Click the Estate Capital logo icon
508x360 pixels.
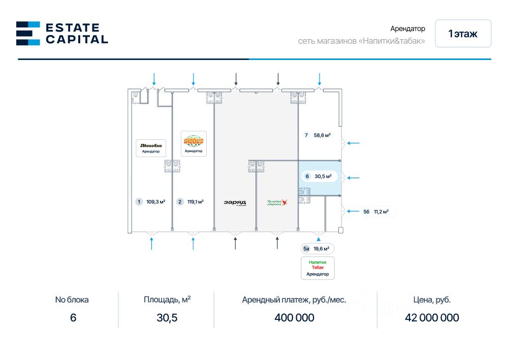click(28, 33)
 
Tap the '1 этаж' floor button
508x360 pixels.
click(463, 34)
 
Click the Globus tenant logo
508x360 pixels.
click(194, 140)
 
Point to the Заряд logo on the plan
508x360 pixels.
click(235, 202)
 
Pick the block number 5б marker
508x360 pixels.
click(366, 212)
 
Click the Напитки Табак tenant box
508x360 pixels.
click(317, 267)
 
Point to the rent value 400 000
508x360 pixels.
click(294, 318)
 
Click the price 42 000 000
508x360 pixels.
click(432, 318)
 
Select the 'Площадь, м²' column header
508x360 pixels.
click(167, 299)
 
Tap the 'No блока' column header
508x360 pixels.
click(72, 300)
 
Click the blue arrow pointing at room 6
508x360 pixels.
click(353, 178)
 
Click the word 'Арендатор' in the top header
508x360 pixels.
click(407, 29)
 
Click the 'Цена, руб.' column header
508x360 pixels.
click(432, 300)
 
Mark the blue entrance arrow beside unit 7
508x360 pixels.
click(353, 143)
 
